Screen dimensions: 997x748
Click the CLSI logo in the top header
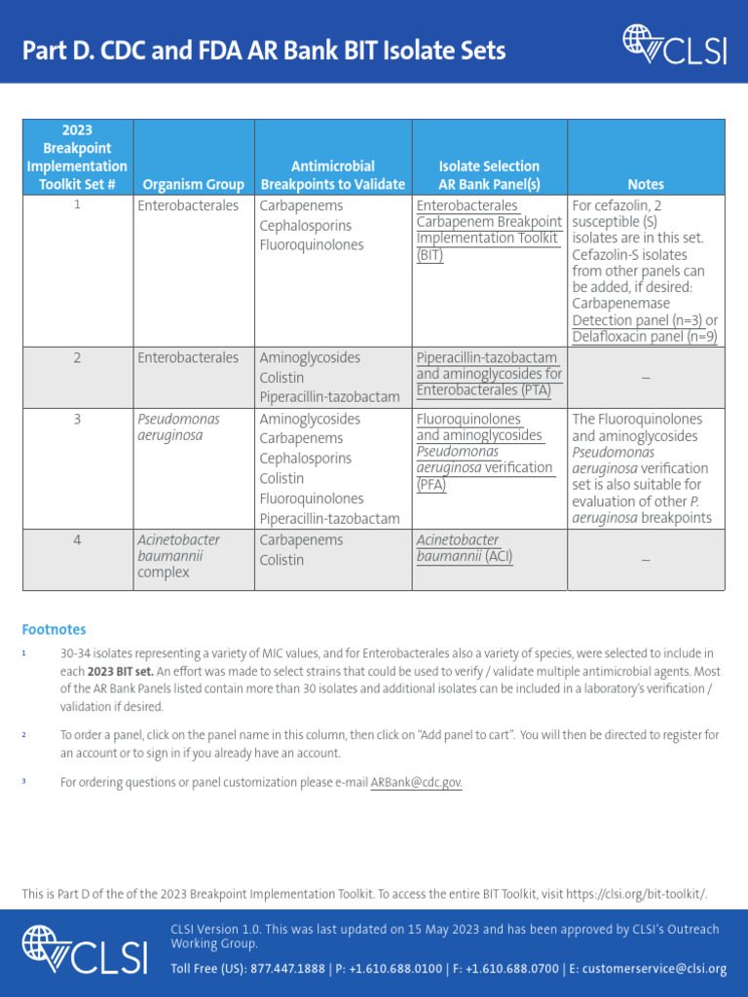[x=674, y=46]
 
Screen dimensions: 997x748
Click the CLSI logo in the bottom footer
[x=85, y=950]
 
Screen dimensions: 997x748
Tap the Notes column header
[x=645, y=184]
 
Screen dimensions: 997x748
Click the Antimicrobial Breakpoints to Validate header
[x=333, y=175]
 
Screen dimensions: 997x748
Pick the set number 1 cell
[x=77, y=205]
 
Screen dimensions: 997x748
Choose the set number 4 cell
[x=77, y=540]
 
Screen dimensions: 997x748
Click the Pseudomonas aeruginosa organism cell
[x=178, y=427]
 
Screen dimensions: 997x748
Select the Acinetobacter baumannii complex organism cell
[x=178, y=556]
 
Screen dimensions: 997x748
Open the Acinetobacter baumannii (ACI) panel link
[x=464, y=548]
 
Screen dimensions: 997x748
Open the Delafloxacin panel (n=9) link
[x=644, y=337]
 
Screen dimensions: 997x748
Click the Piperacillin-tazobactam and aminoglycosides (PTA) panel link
[x=489, y=374]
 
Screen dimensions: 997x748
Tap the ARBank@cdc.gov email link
[x=416, y=782]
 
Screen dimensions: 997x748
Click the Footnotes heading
[x=54, y=630]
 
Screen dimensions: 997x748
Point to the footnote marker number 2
[x=23, y=734]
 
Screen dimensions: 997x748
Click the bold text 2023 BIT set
[x=119, y=672]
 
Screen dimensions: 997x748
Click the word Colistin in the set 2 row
[x=281, y=378]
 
